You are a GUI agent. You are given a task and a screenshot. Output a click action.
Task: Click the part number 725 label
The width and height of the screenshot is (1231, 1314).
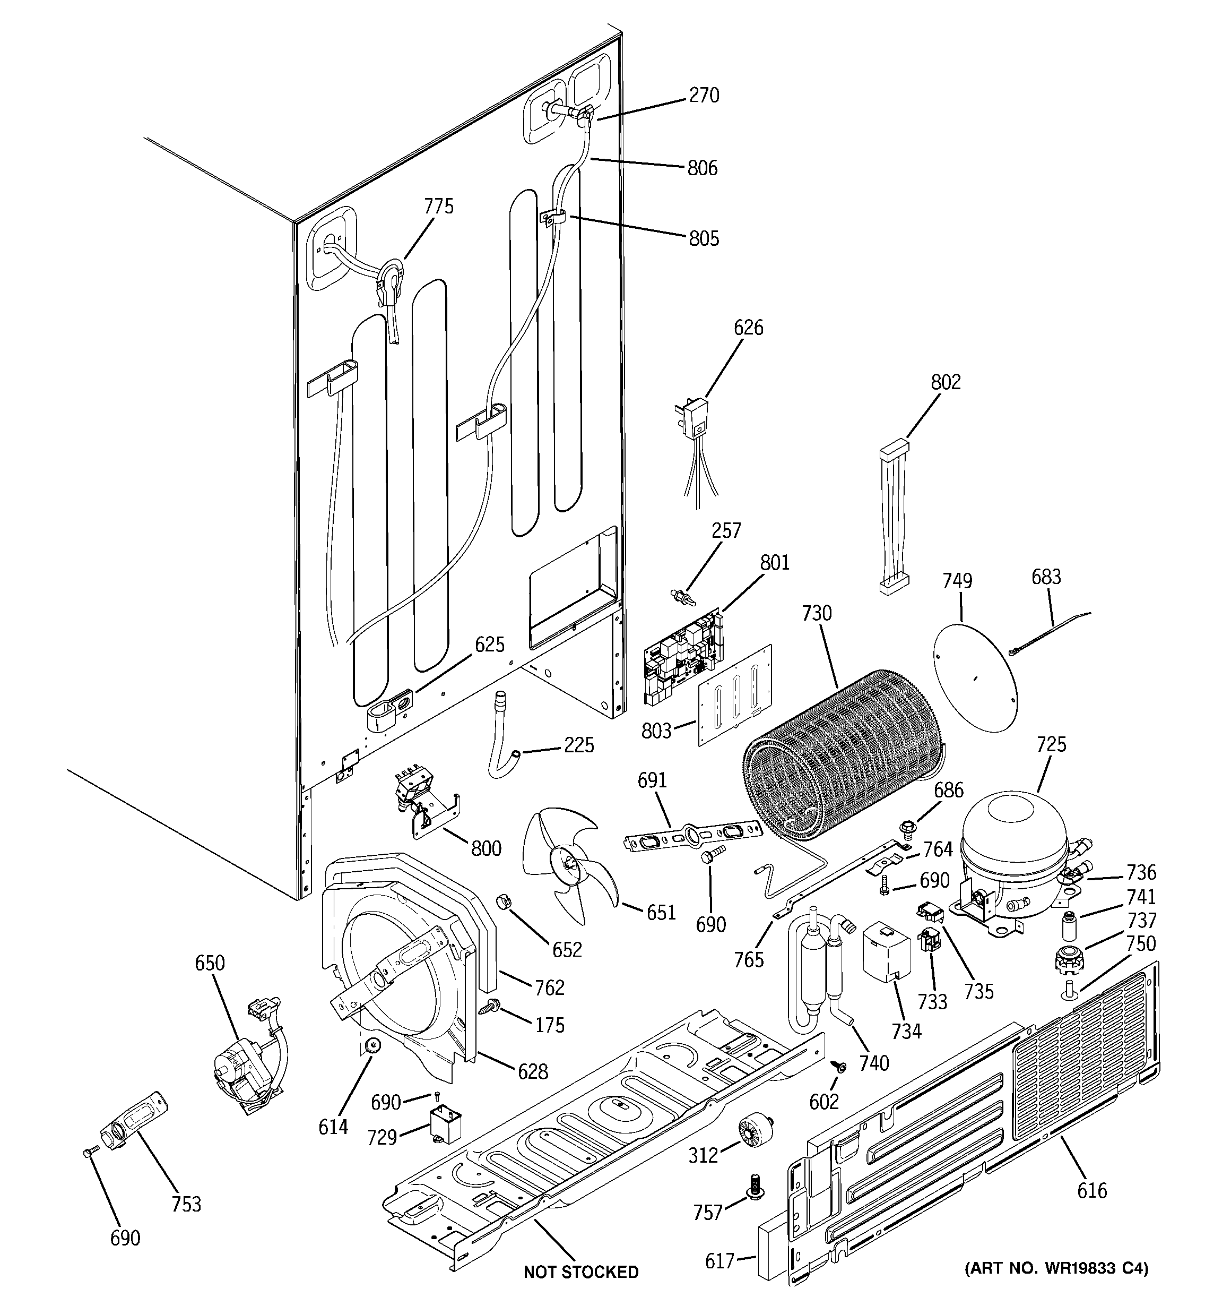point(1051,744)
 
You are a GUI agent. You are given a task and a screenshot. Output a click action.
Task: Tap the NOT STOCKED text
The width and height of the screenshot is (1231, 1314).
point(581,1271)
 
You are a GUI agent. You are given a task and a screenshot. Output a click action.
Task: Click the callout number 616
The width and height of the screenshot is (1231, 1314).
point(1091,1190)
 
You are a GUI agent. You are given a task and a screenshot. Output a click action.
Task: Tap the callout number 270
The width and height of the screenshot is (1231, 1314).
point(704,96)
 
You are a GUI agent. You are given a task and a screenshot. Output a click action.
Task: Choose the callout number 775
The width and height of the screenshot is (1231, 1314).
point(439,207)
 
